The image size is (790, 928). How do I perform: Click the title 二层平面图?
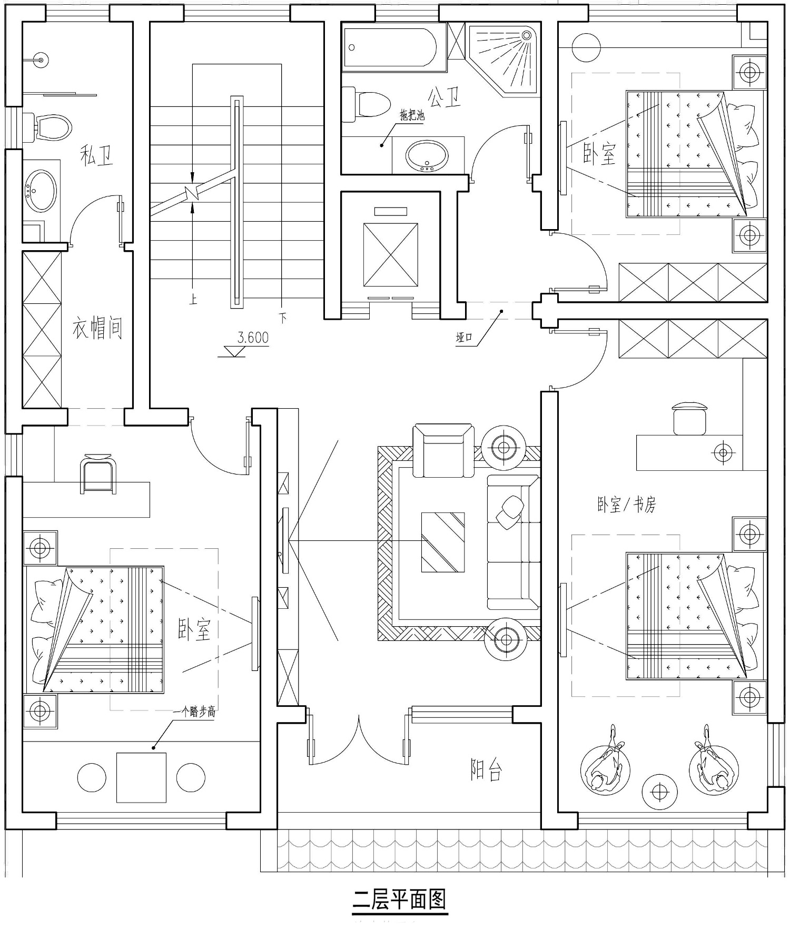[x=400, y=899]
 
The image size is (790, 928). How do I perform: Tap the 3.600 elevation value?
[x=253, y=338]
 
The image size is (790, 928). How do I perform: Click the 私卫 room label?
[x=97, y=156]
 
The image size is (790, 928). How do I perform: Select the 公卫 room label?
[x=445, y=97]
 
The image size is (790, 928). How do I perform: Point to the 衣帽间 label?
[x=98, y=328]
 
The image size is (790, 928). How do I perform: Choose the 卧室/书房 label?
[x=627, y=505]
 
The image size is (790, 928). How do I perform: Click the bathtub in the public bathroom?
[x=390, y=48]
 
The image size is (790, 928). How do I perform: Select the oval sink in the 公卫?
[x=427, y=156]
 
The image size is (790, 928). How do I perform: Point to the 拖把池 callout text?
[x=412, y=115]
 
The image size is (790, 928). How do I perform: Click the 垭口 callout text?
[x=464, y=338]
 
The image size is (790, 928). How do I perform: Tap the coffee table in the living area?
[x=443, y=542]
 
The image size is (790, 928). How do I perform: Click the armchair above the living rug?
[x=443, y=450]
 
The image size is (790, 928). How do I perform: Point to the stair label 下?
[x=283, y=318]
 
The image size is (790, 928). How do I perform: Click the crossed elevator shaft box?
[x=390, y=255]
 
